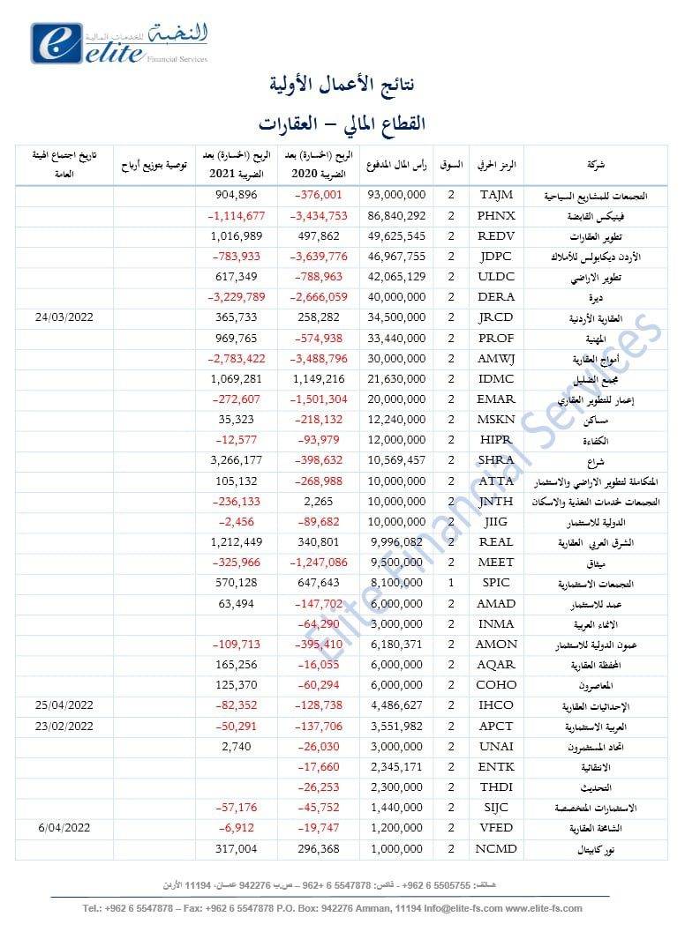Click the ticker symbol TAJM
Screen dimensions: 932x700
495,195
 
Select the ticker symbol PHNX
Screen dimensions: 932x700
495,215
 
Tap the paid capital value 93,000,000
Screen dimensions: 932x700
396,195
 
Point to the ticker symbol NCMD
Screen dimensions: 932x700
495,849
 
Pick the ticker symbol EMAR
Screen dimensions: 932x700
495,399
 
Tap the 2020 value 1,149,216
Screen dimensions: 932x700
318,378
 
